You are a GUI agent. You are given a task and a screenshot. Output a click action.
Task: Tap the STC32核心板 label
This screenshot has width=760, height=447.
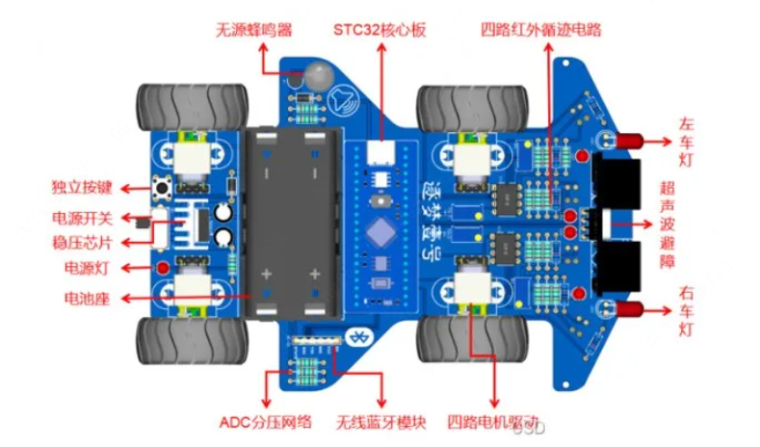(384, 29)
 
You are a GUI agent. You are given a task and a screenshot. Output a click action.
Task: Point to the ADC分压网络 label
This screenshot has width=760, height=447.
(265, 421)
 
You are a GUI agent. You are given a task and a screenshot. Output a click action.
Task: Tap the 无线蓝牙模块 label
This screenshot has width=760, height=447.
(379, 421)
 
